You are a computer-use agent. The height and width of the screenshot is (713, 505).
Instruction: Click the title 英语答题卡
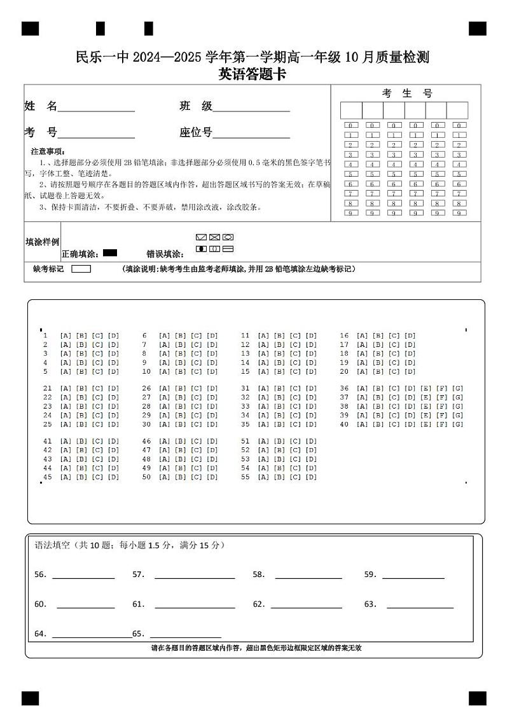coord(252,74)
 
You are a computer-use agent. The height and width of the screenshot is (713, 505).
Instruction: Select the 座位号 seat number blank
coord(251,136)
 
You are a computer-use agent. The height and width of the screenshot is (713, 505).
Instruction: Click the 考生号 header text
coord(406,93)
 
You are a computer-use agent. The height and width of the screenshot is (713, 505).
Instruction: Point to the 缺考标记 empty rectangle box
coord(81,269)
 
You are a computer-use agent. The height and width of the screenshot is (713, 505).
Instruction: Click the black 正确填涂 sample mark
coord(109,253)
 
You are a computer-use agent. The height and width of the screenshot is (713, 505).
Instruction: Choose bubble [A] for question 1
coord(66,336)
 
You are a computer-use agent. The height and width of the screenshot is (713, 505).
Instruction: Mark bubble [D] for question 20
coord(410,372)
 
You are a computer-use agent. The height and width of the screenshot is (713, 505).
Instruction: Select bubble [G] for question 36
coord(457,388)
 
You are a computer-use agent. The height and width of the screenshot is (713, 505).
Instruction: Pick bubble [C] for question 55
coord(295,477)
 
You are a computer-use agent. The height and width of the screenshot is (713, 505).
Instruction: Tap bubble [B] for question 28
coord(181,406)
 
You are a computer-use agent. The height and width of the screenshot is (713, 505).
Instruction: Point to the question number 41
coord(47,441)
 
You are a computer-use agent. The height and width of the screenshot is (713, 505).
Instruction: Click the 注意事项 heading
coord(48,152)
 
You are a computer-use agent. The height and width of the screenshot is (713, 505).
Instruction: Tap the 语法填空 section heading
coord(53,545)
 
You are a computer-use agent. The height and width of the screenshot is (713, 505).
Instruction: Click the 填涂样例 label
coord(42,241)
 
